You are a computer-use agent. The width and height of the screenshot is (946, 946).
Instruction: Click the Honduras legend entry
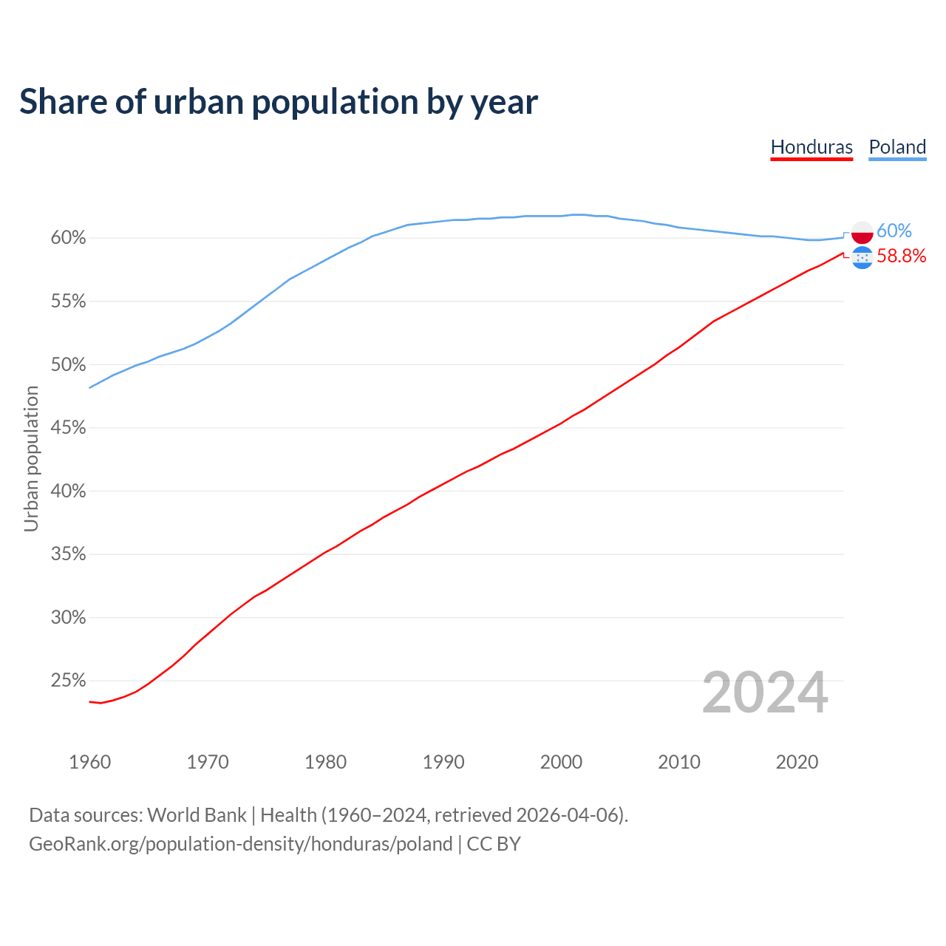811,147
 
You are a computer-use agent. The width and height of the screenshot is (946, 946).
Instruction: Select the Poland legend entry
897,147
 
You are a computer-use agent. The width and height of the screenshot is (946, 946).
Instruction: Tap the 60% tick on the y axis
68,238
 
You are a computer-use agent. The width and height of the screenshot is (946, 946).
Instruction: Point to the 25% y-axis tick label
68,681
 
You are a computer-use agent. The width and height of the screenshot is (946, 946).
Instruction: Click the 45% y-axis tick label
68,428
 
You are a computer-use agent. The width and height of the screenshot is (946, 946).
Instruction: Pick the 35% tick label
68,554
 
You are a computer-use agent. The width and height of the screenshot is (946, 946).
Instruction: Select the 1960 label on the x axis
90,762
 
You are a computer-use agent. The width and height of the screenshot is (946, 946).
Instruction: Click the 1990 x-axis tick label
443,762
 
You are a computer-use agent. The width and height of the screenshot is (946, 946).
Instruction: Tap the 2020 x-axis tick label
797,762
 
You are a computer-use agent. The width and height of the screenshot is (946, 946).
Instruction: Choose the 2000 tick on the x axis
562,762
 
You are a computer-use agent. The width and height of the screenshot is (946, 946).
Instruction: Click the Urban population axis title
31,458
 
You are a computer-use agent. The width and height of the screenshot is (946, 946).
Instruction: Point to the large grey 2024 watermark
765,693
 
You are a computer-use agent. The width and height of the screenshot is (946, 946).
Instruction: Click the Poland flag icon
862,232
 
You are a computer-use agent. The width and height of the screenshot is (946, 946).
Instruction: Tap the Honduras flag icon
862,257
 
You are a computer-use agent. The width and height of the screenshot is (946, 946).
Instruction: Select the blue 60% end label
894,231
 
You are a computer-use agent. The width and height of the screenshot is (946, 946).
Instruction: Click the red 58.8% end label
902,256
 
